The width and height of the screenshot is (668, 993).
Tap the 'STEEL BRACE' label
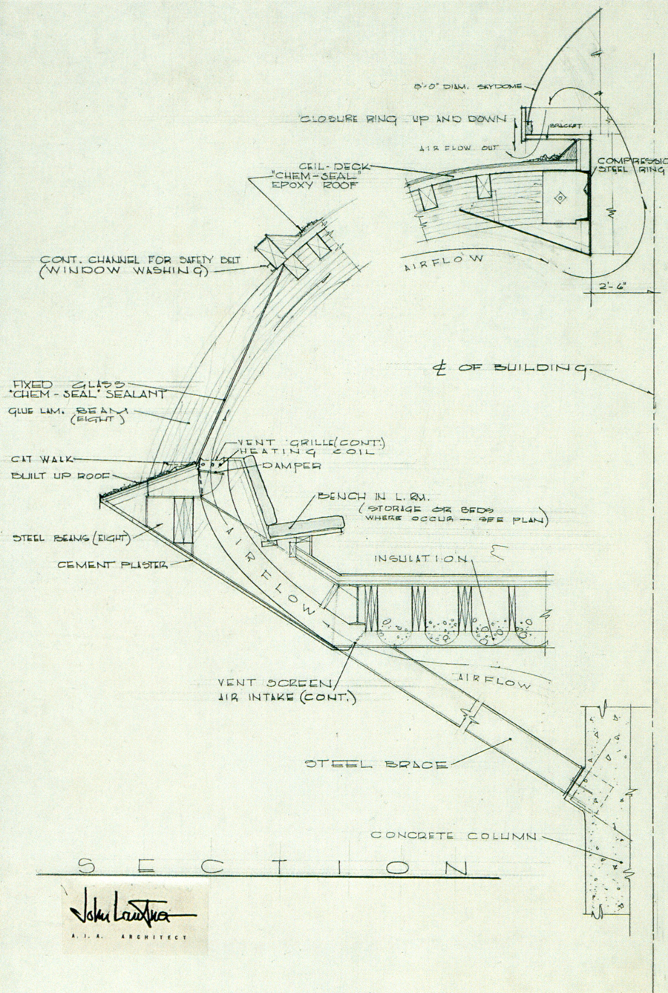(x=377, y=764)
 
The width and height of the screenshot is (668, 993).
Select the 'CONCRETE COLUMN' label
(x=453, y=836)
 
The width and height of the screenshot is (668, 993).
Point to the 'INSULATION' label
(x=421, y=557)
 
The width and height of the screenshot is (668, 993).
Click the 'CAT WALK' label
(x=38, y=460)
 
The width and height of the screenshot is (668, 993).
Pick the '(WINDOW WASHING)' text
(x=122, y=271)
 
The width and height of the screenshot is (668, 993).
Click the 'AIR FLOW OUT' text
(x=449, y=148)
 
